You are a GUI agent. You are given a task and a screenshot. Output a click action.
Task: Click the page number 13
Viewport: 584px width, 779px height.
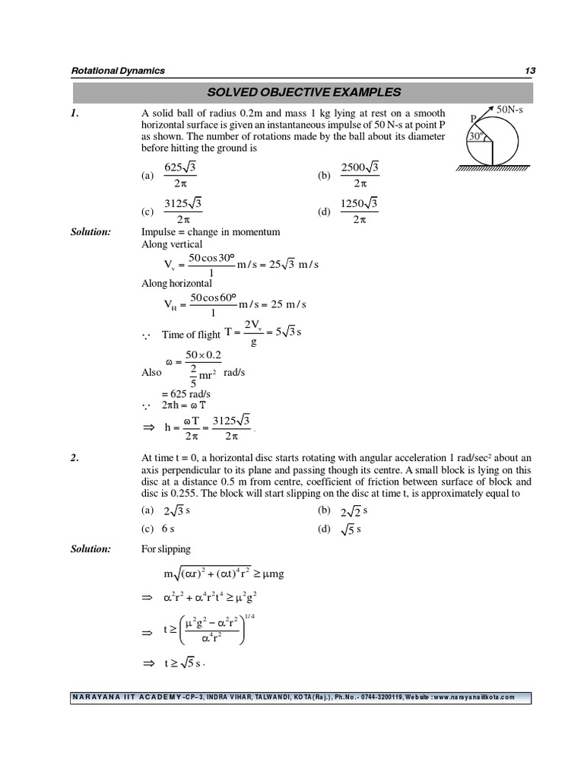point(530,71)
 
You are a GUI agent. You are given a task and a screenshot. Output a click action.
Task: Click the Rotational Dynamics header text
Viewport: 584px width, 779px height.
point(118,71)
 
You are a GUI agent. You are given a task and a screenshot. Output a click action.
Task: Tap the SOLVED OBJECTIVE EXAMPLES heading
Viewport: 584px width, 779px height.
point(302,93)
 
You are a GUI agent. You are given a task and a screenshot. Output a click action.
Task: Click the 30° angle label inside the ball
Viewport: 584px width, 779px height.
point(476,137)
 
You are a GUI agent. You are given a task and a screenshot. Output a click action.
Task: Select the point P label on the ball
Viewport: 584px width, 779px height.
point(473,119)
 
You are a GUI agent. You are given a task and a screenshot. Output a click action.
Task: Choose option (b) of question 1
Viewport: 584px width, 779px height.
point(350,176)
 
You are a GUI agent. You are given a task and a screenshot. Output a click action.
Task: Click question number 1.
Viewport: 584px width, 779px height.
point(75,113)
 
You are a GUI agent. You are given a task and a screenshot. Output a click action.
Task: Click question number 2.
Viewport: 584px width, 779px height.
point(75,457)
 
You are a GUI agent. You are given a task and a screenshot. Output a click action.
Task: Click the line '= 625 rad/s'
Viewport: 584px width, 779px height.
point(186,394)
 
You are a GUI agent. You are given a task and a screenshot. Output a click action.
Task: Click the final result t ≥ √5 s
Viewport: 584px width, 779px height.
point(186,663)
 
